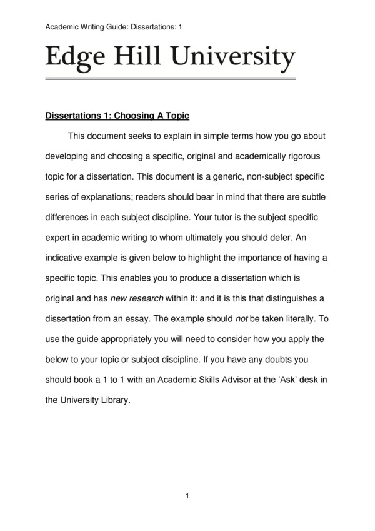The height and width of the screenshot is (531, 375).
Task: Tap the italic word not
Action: click(242, 318)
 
